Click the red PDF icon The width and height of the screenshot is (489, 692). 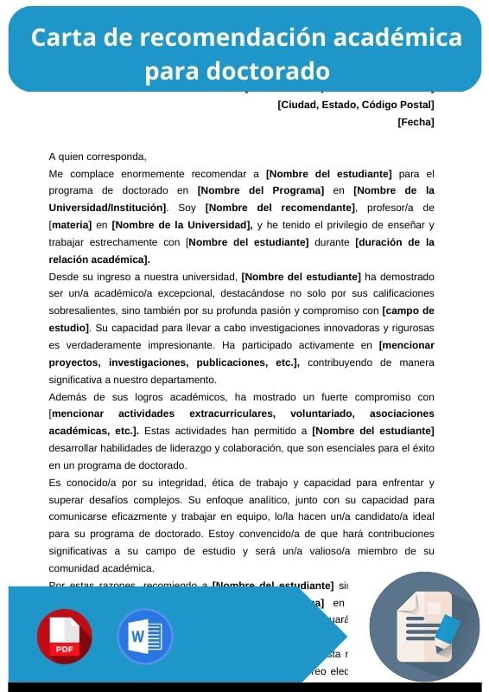point(64,636)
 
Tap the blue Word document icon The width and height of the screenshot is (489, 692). point(145,636)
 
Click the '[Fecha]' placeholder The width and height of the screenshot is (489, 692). point(416,122)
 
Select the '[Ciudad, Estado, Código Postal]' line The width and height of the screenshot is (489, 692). point(355,105)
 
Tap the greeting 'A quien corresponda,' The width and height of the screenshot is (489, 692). point(98,157)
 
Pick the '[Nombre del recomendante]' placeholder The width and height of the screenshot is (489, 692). point(280,208)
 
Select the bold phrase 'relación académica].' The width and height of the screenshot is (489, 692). point(99,259)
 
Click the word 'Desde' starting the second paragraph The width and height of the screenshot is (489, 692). point(64,277)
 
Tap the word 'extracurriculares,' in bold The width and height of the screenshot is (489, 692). point(231,413)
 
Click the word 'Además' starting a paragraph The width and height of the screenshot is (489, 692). point(68,397)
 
